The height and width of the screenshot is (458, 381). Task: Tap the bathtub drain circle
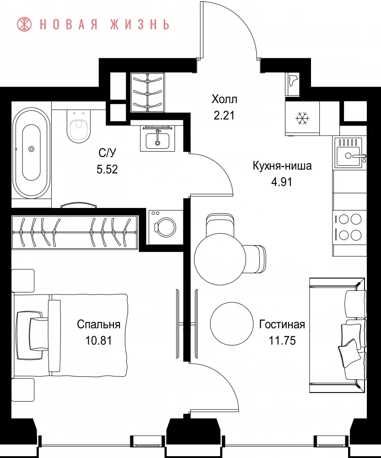[x=31, y=149]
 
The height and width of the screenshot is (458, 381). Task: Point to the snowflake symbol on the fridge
[x=302, y=118]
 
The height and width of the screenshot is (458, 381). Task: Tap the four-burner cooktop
[x=349, y=227]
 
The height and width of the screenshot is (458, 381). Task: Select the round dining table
[x=220, y=259]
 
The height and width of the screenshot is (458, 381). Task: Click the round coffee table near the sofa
[x=231, y=323]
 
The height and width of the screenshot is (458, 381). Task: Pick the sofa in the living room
[x=338, y=335]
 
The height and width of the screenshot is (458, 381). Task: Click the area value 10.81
[x=99, y=341]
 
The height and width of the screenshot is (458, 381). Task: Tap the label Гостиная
[x=282, y=325]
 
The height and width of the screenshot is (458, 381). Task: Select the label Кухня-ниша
[x=282, y=166]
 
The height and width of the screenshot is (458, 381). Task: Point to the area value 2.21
[x=224, y=115]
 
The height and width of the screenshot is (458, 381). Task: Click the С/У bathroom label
[x=107, y=153]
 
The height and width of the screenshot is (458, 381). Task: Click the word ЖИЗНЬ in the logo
[x=140, y=25]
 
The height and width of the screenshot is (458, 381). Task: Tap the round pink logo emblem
[x=24, y=24]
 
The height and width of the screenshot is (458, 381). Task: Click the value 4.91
[x=282, y=182]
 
